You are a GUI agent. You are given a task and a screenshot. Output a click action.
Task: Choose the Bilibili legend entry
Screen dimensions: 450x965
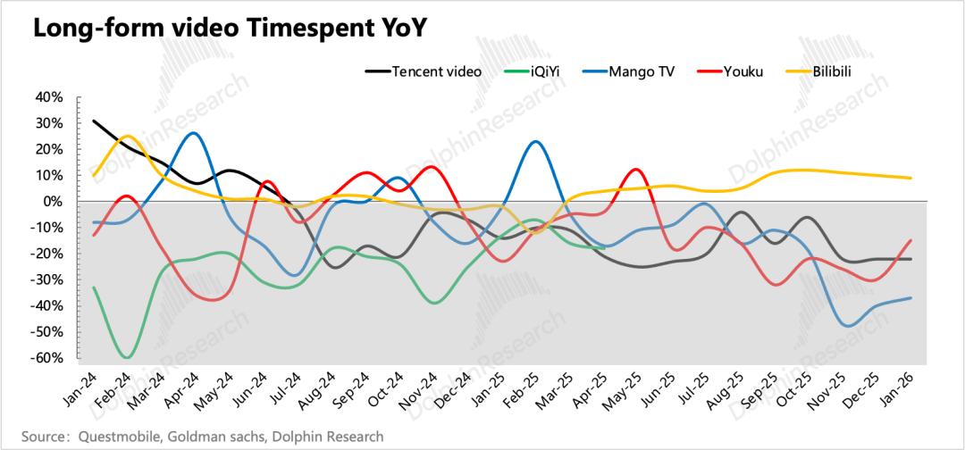pyautogui.click(x=831, y=71)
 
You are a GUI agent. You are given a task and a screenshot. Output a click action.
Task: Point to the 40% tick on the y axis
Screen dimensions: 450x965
pyautogui.click(x=49, y=97)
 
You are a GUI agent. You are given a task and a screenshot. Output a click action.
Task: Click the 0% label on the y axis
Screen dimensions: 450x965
pyautogui.click(x=55, y=202)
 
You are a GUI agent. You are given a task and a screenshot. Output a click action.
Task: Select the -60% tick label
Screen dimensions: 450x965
pyautogui.click(x=46, y=358)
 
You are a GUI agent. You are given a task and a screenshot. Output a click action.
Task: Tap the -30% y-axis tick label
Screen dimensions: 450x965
pyautogui.click(x=46, y=280)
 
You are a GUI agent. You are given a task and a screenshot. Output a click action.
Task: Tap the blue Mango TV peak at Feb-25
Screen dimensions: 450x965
pyautogui.click(x=534, y=142)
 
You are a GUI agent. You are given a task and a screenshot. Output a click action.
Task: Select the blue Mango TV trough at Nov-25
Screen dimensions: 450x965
pyautogui.click(x=847, y=326)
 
